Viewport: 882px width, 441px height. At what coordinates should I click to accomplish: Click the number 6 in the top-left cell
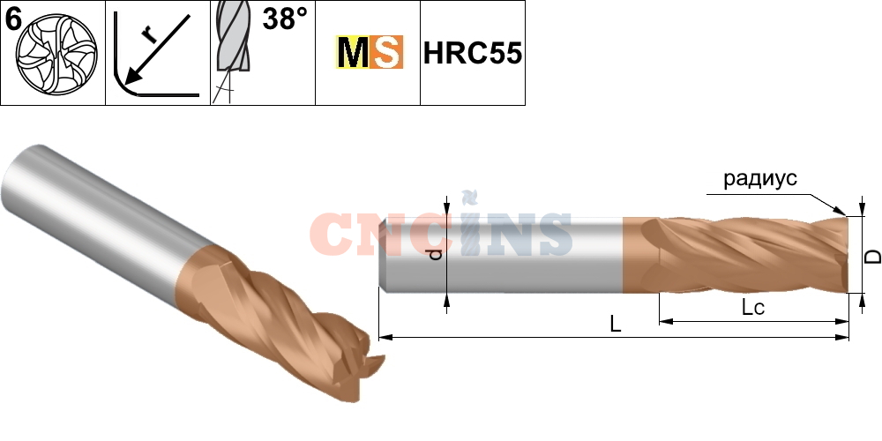pos(12,18)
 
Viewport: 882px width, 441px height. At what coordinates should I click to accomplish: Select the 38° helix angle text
pos(283,19)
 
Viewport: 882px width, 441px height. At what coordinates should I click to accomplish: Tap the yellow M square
pos(353,54)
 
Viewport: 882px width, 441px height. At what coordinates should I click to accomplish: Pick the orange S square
pos(385,54)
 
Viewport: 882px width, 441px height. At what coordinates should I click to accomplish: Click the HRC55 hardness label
pos(473,54)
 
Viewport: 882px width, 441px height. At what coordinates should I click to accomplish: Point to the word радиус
pos(759,179)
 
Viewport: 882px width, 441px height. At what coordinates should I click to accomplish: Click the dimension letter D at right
pos(871,256)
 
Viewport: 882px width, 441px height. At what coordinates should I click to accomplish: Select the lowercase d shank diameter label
pos(433,256)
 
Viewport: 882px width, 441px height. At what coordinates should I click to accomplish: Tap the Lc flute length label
pos(752,308)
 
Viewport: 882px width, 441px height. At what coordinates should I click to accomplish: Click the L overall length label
pos(617,325)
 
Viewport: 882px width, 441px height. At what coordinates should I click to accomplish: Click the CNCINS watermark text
pos(441,234)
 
